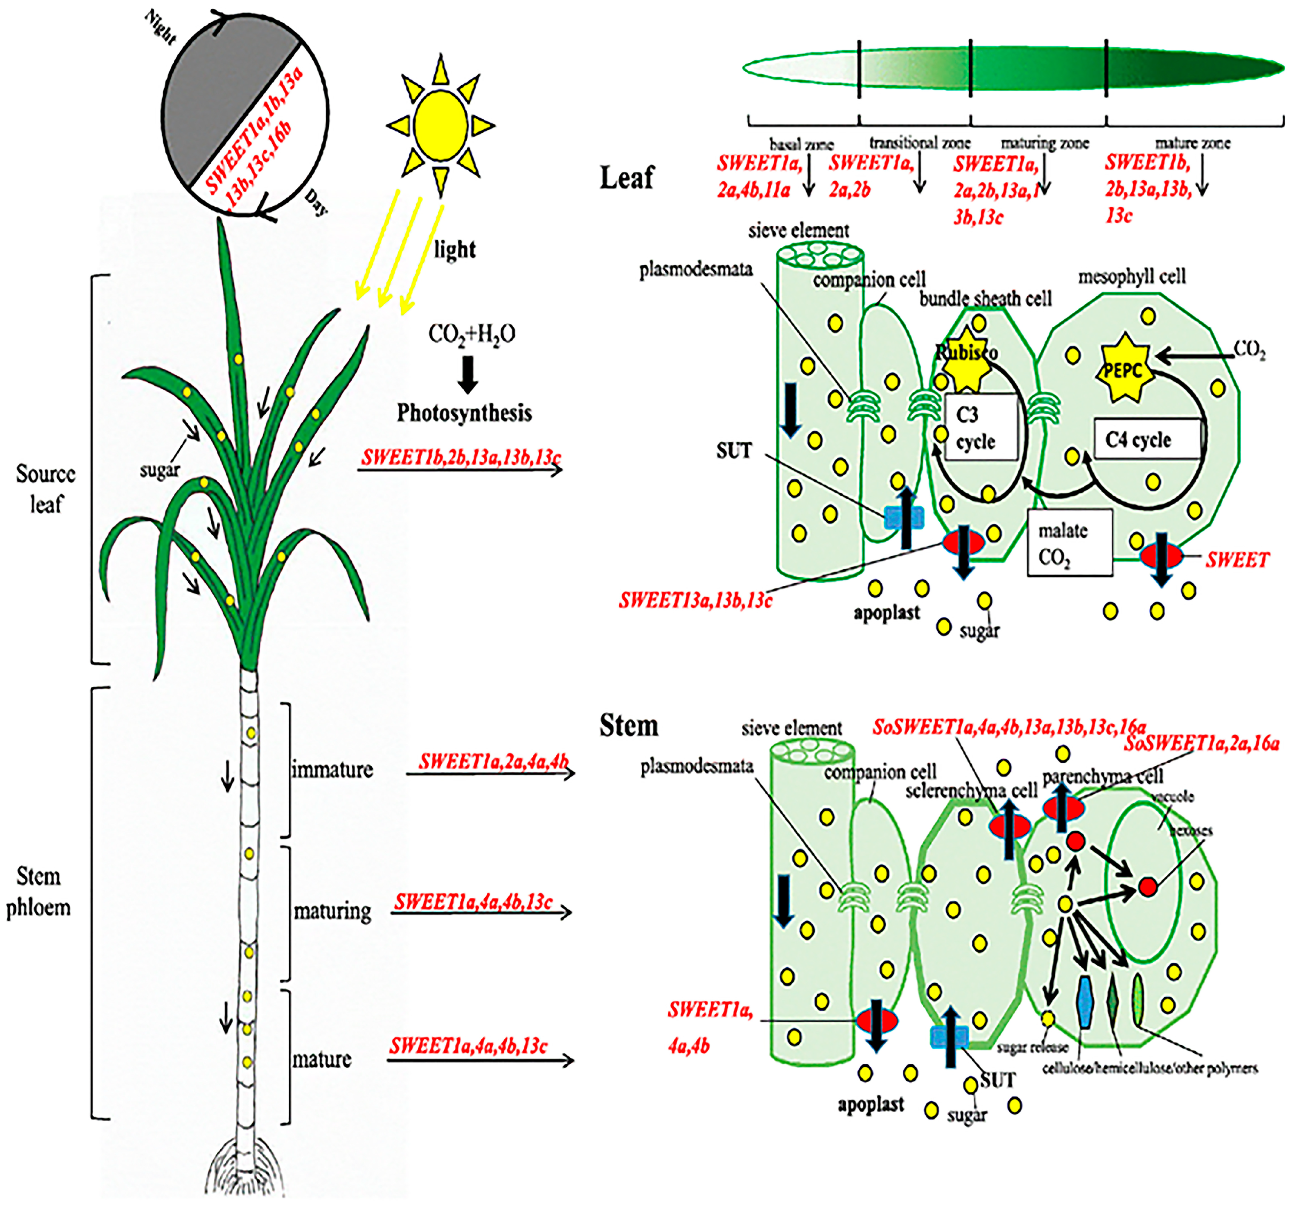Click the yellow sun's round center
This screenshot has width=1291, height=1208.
tap(441, 125)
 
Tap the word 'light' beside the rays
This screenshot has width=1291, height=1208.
tap(455, 249)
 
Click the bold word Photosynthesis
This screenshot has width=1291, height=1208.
tap(464, 413)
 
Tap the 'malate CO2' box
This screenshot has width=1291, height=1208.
tap(1069, 543)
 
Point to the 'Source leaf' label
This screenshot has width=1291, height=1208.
tap(46, 489)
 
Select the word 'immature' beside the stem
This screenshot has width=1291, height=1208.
tap(332, 770)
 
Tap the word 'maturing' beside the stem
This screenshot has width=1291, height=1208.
tap(332, 912)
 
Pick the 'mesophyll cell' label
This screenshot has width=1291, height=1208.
tap(1132, 277)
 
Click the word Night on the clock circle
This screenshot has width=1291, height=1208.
tap(160, 27)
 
